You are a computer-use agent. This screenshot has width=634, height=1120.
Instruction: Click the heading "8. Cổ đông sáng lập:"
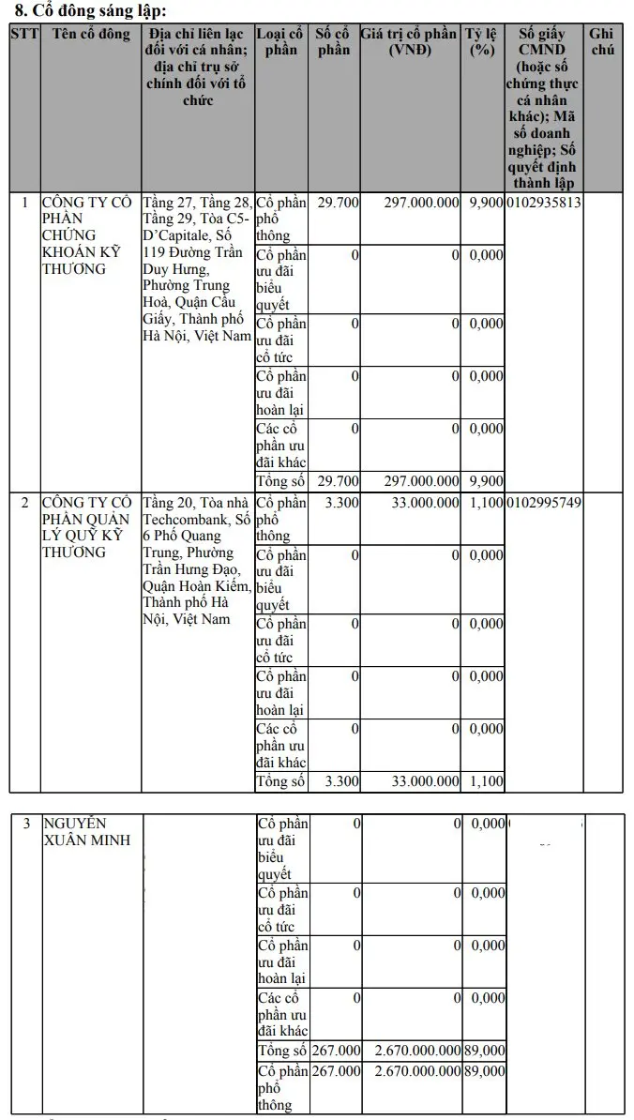(x=91, y=11)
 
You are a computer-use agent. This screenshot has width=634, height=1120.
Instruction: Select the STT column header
(x=23, y=35)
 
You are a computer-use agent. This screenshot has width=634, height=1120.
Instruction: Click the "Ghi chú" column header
(x=603, y=42)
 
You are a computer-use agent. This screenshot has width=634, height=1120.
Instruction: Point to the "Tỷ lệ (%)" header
(x=482, y=42)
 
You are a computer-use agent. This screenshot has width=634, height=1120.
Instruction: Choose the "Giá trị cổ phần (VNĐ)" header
(x=410, y=42)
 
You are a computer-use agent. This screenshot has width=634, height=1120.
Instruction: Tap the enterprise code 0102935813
(x=544, y=203)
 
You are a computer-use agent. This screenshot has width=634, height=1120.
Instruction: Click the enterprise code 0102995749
(x=544, y=503)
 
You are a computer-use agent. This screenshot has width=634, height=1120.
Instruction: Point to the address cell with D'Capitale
(x=197, y=269)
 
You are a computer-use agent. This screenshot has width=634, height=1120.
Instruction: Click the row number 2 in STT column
(x=24, y=503)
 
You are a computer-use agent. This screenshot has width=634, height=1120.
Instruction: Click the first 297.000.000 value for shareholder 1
(x=421, y=203)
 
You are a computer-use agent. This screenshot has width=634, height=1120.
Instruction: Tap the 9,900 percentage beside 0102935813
(x=486, y=203)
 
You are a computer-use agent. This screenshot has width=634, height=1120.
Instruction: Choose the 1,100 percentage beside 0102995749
(x=486, y=503)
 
